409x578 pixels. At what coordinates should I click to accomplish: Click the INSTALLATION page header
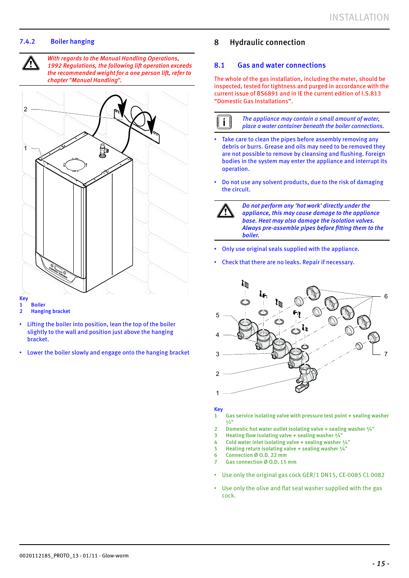[359, 18]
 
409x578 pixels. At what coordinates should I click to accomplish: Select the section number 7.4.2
[27, 42]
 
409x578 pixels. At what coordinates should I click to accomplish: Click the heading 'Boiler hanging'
[72, 42]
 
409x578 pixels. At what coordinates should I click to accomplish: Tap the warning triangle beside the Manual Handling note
[31, 63]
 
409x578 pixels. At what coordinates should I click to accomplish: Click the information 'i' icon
[224, 122]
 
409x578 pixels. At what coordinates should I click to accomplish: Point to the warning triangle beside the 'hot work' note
[226, 211]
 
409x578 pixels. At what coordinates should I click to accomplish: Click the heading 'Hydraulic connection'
[267, 42]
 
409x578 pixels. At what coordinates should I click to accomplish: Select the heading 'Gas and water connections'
[281, 65]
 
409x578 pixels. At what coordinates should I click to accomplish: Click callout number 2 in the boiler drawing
[26, 109]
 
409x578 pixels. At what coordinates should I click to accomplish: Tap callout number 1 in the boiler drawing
[26, 148]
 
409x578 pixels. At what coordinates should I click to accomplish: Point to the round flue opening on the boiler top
[75, 164]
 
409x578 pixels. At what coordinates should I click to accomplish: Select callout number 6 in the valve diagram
[386, 296]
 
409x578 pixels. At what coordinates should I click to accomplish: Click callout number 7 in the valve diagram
[386, 354]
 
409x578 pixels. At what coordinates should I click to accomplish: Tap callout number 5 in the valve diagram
[217, 315]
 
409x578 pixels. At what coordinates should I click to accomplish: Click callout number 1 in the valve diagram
[217, 393]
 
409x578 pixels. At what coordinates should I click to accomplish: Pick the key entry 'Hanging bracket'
[51, 311]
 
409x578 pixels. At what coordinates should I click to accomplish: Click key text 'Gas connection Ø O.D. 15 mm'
[261, 462]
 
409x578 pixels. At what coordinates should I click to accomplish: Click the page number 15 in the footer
[381, 563]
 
